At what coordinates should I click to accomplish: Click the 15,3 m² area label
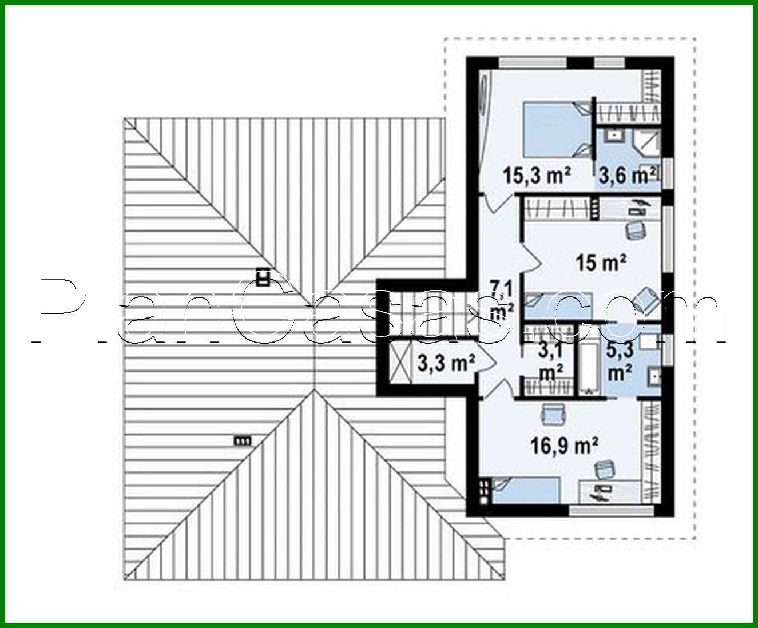pos(538,176)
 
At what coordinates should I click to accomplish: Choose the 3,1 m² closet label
pos(550,362)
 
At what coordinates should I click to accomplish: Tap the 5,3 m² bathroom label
pos(620,362)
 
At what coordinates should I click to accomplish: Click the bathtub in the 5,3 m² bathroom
pos(589,360)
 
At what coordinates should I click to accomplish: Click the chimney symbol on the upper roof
pos(263,277)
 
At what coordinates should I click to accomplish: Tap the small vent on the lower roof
pos(242,440)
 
